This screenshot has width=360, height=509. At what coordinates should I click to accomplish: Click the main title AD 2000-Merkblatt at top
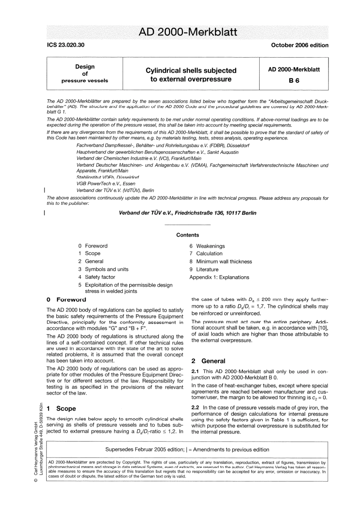point(188,32)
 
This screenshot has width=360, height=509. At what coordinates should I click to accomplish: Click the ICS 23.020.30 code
point(66,45)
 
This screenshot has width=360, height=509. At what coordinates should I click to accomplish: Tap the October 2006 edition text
point(299,45)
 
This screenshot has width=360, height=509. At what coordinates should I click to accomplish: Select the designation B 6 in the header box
point(294,80)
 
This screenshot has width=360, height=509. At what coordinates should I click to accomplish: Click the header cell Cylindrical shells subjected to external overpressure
point(191,75)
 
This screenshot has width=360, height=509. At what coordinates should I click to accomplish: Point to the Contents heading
point(187,235)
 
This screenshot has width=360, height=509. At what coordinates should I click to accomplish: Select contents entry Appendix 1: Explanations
point(219,277)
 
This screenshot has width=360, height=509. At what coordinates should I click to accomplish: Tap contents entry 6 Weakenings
point(207,246)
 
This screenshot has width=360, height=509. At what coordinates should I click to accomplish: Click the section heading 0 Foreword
point(66,299)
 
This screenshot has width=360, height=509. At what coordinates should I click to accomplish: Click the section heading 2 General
point(208,361)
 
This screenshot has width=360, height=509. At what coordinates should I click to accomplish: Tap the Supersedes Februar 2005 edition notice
point(187,449)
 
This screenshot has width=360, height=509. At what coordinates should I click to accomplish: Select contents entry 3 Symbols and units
point(103,269)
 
